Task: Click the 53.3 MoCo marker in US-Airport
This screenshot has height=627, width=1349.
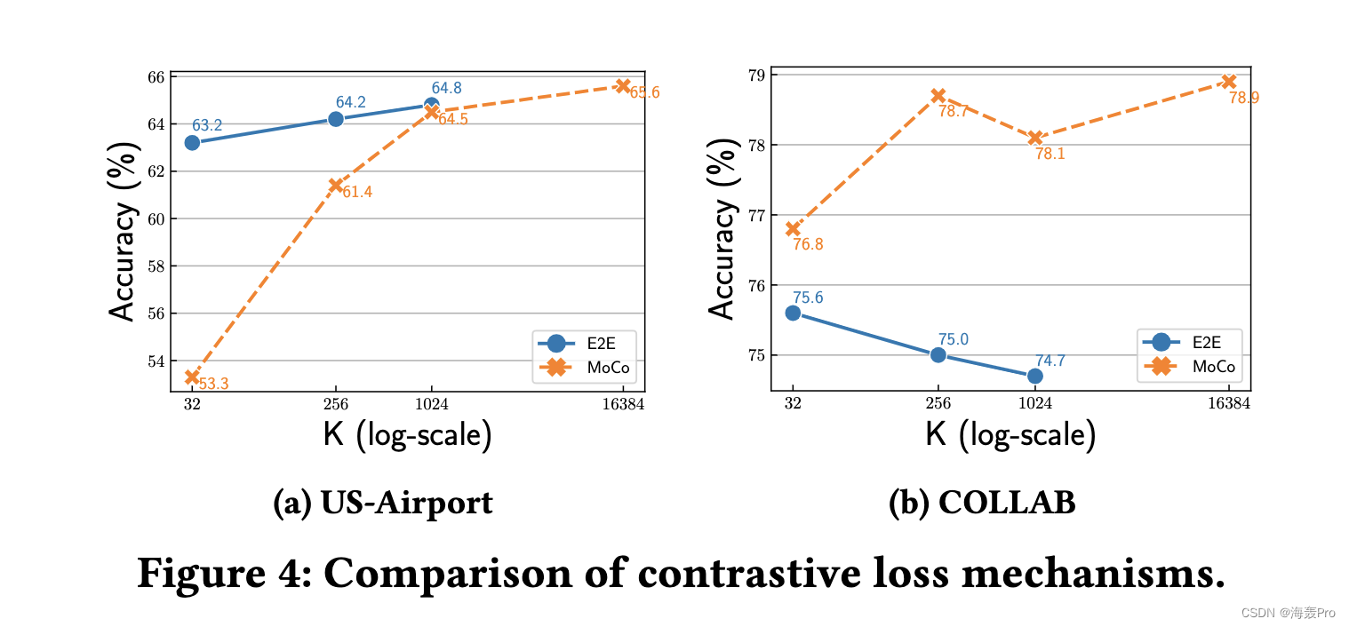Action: [x=192, y=377]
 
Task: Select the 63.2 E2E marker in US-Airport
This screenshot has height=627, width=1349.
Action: [x=192, y=142]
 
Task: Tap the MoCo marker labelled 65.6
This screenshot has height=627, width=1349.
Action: [x=623, y=86]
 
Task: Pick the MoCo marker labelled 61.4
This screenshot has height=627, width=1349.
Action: [x=336, y=185]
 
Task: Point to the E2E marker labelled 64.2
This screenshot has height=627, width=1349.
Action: [x=336, y=119]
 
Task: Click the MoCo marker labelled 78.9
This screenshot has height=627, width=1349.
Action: [x=1229, y=82]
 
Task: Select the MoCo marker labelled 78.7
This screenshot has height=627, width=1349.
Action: [x=938, y=95]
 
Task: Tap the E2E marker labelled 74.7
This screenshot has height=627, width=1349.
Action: [x=1035, y=376]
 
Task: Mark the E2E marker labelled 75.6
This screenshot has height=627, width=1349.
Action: [x=793, y=313]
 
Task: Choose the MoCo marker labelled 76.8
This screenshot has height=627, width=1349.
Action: [x=793, y=228]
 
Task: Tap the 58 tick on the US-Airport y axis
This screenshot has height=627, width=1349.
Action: [x=156, y=266]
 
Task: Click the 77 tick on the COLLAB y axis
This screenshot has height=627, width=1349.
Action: [x=757, y=215]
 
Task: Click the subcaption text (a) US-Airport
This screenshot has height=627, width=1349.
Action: [x=383, y=504]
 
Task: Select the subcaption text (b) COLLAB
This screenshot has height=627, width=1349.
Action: [x=982, y=504]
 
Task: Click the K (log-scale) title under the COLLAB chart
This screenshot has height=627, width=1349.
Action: [x=1010, y=434]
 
